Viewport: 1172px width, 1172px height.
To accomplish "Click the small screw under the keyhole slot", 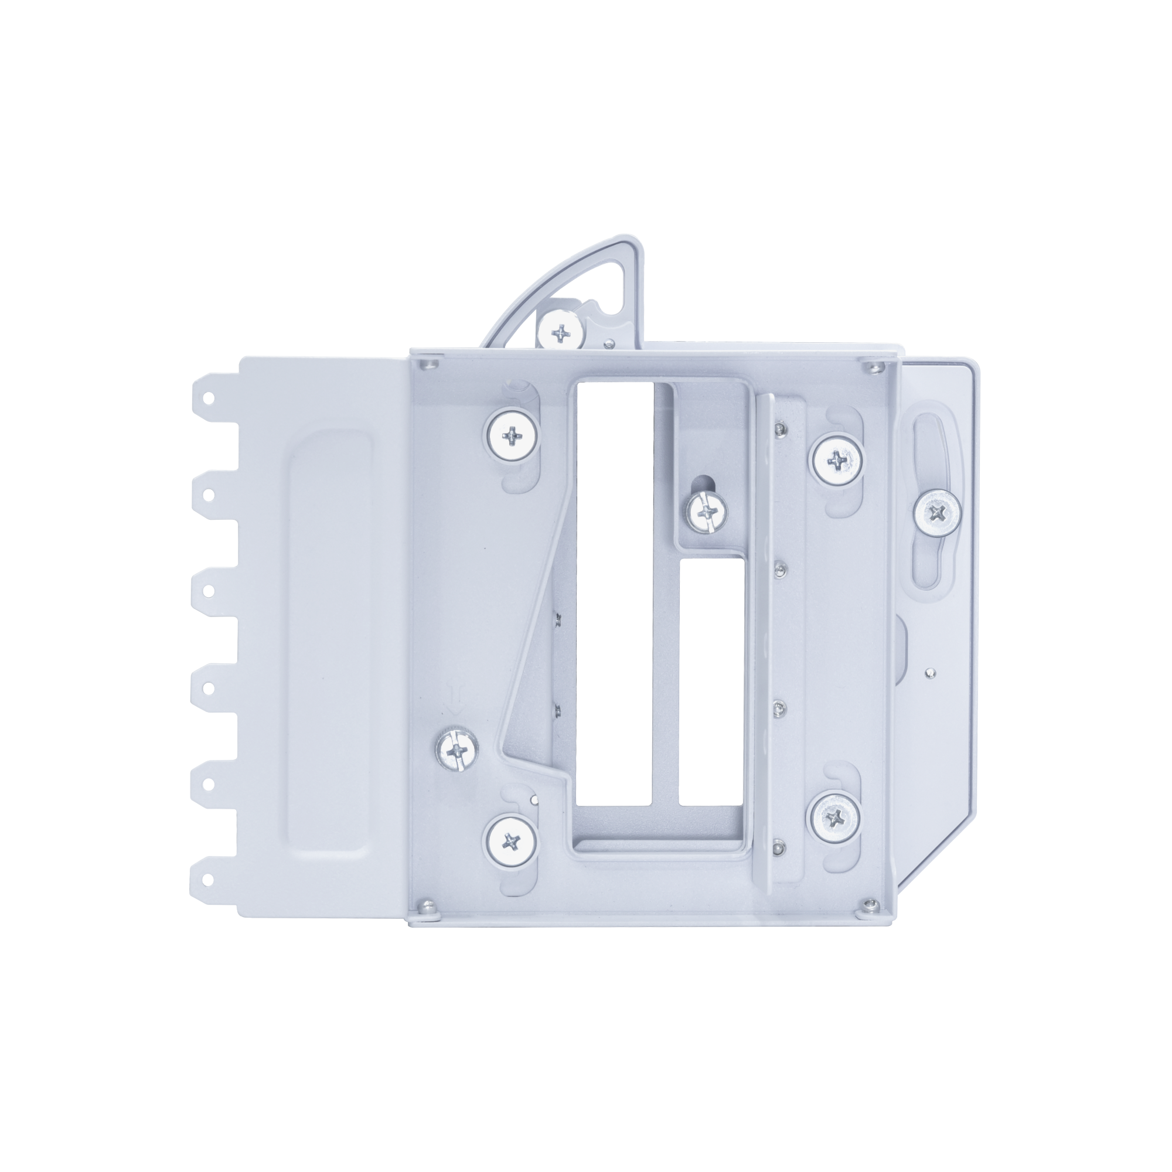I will click(707, 513).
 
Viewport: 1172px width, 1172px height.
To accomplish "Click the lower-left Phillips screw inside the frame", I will click(513, 841).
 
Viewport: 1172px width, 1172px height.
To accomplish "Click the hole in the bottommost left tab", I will click(208, 878).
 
